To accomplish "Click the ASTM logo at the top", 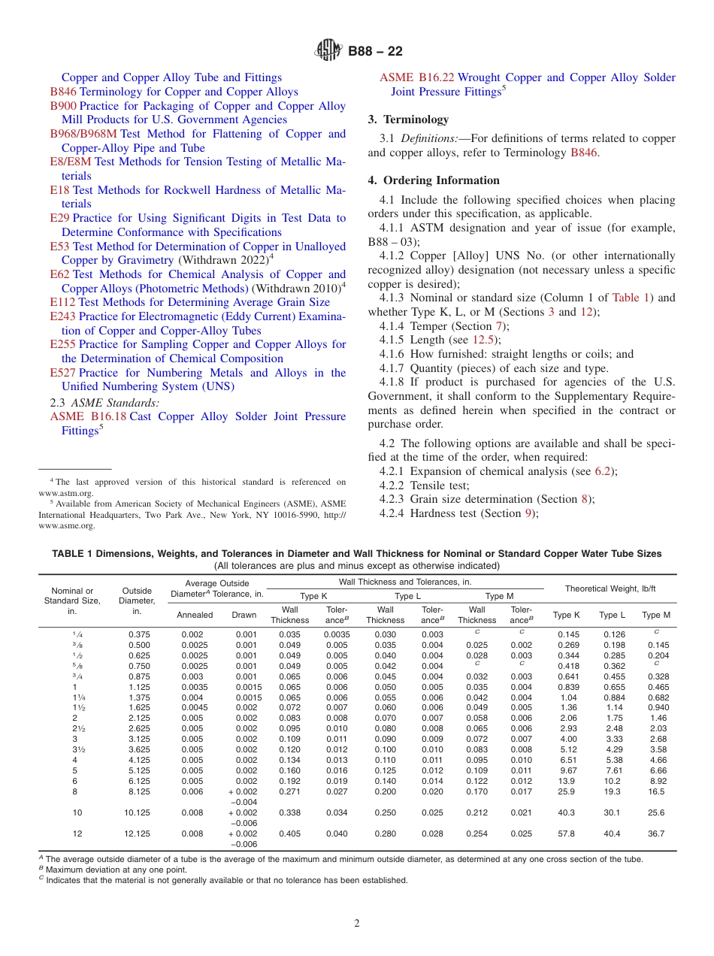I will [328, 51].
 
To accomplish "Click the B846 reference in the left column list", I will [63, 92].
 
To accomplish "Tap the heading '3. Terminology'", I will [408, 120].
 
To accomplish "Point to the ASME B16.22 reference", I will [417, 77].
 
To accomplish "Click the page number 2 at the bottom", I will [357, 924].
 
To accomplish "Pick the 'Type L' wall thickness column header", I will [407, 596].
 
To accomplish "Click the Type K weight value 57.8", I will [567, 833].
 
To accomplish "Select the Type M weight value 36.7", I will [656, 833].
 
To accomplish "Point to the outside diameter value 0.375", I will [139, 634].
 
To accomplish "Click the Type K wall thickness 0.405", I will [289, 833].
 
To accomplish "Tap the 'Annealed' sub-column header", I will [194, 614].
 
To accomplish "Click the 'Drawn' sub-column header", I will [244, 614].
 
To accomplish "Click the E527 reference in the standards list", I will [63, 373].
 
